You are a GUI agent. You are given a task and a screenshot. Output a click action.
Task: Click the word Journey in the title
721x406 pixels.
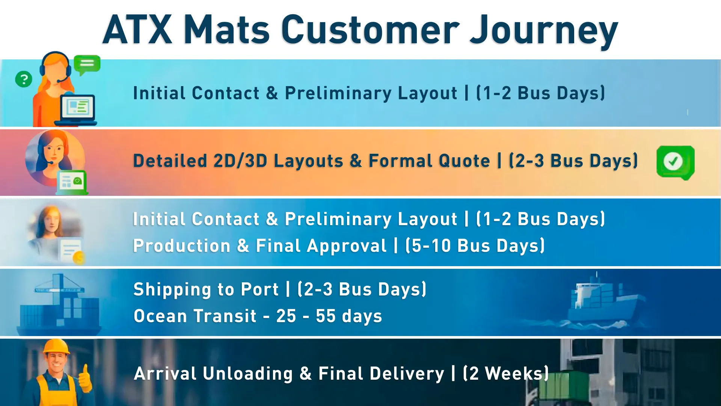click(x=544, y=30)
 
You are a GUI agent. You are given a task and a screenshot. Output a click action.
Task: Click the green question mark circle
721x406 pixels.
click(x=24, y=79)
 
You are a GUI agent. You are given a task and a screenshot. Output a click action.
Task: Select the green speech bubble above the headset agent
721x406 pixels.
click(x=87, y=64)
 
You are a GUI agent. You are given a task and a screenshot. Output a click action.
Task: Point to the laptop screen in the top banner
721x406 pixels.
click(x=78, y=107)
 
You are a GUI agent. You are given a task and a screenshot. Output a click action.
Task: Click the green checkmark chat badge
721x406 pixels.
click(x=675, y=162)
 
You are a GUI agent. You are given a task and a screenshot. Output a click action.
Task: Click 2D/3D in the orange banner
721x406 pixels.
click(x=240, y=161)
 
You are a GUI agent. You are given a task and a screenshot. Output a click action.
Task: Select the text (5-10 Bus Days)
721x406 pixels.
click(x=475, y=246)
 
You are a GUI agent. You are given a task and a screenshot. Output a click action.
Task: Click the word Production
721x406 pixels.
click(x=182, y=246)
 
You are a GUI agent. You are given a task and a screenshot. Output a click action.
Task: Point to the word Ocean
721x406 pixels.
click(x=160, y=316)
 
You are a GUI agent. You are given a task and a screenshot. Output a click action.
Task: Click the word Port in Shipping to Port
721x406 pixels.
click(x=259, y=289)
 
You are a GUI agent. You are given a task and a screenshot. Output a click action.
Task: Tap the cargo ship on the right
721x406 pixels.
click(x=601, y=301)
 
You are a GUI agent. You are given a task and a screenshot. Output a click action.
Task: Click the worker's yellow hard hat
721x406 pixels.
click(x=56, y=347)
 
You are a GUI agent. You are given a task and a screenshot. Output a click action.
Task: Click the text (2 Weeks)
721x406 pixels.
click(x=506, y=374)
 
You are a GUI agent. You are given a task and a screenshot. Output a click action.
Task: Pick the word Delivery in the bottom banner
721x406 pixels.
click(x=381, y=374)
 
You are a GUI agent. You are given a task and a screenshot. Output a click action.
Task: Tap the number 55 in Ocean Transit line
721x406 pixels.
click(x=326, y=316)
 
